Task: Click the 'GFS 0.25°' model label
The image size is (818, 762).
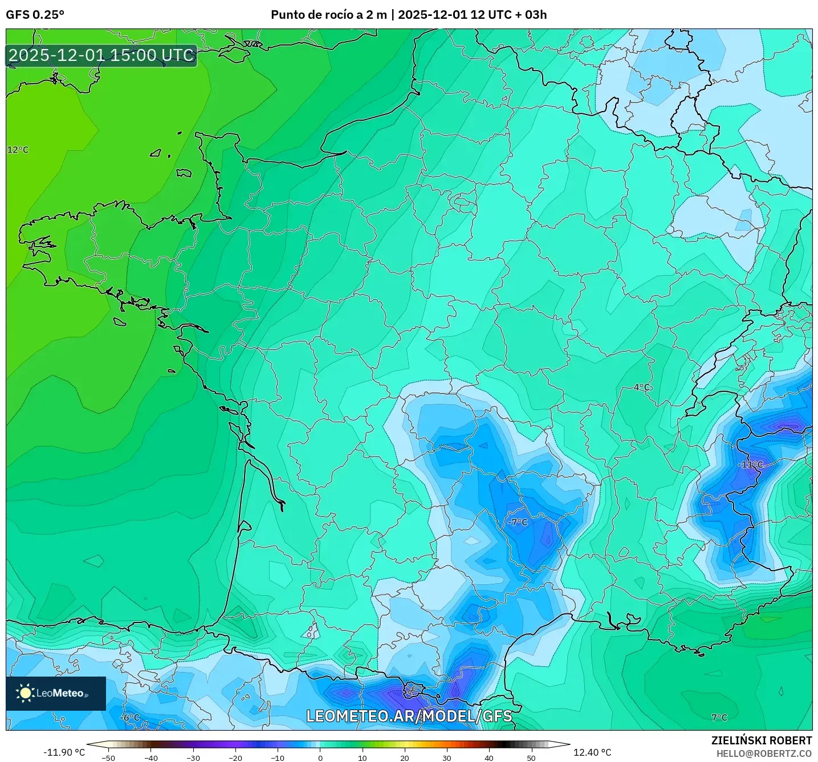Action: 35,15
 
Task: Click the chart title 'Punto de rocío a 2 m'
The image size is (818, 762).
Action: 328,15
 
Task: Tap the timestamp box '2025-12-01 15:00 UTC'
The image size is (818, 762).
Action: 101,55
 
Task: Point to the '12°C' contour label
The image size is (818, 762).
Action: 18,150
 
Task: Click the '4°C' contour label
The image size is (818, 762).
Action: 642,387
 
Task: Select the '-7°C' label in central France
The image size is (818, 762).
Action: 518,522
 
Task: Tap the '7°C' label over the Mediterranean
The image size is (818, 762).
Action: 719,718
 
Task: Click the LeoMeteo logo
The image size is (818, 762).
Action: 56,693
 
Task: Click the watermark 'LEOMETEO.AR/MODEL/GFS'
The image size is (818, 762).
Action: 409,716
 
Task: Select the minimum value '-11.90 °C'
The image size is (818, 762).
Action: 64,752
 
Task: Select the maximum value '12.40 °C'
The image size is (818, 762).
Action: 592,752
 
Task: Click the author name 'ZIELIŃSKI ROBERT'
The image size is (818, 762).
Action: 762,740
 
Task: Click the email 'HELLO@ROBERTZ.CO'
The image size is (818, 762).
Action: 764,753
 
